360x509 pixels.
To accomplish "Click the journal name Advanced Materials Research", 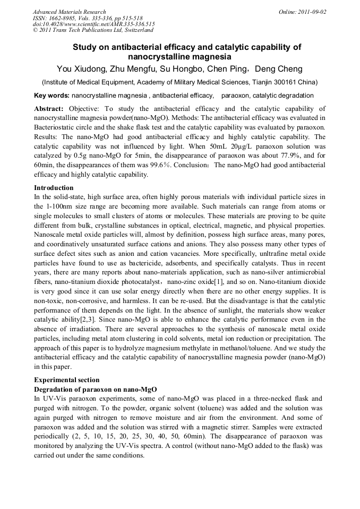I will (x=69, y=12).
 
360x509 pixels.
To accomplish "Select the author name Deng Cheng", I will (x=280, y=69).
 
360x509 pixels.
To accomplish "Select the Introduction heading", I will (x=54, y=188).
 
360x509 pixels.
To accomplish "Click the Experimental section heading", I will (x=66, y=380).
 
